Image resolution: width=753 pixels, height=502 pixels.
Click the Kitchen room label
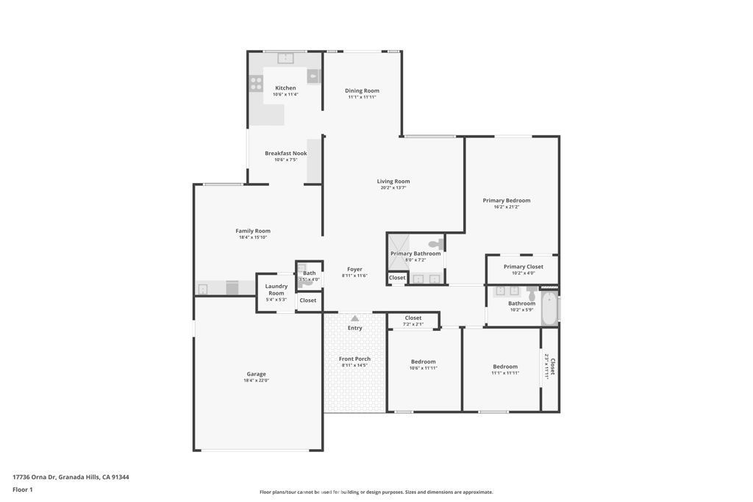(x=285, y=88)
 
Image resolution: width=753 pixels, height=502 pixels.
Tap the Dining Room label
(x=362, y=91)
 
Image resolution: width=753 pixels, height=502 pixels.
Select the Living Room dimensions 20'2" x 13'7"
(x=393, y=188)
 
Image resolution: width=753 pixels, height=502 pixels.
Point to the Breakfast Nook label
(x=285, y=154)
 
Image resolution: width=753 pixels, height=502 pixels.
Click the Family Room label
(x=253, y=231)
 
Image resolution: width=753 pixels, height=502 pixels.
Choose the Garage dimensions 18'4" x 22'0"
(x=256, y=381)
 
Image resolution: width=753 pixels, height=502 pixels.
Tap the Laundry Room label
(x=276, y=290)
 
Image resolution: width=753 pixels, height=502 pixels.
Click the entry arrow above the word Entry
(x=355, y=318)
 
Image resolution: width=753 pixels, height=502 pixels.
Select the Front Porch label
(x=354, y=359)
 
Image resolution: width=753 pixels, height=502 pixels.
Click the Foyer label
(x=354, y=269)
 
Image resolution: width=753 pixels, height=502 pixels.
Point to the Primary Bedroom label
(x=506, y=200)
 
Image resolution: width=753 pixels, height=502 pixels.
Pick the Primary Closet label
(x=523, y=267)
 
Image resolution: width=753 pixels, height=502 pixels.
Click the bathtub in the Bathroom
(x=549, y=309)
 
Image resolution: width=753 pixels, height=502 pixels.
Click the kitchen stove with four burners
(x=256, y=83)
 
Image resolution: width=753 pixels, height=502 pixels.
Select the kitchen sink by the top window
(x=285, y=57)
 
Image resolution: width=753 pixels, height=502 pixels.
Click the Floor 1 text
(x=23, y=490)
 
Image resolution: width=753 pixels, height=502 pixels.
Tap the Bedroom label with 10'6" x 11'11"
(x=423, y=362)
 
